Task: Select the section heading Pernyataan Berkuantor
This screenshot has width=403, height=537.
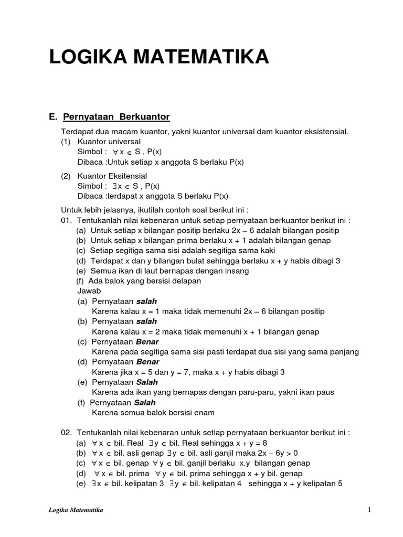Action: click(116, 116)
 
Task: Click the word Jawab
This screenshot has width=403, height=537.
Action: click(88, 291)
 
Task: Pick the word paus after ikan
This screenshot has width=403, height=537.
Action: click(325, 392)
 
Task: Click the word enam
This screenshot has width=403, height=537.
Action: click(204, 412)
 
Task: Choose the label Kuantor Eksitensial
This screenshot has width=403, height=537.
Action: click(112, 176)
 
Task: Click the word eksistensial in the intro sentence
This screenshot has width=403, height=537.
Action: click(326, 131)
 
